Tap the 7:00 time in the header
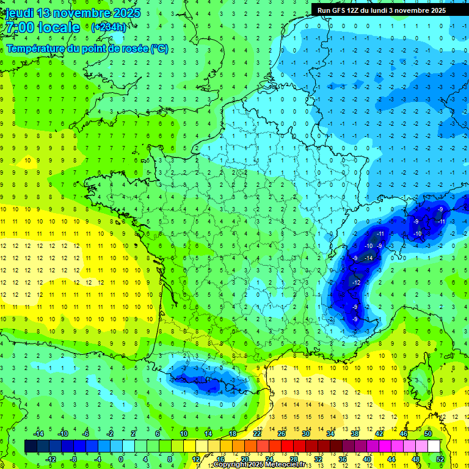coord(18,28)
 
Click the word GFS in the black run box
coord(340,10)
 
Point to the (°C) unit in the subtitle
coord(159,48)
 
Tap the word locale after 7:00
coord(59,28)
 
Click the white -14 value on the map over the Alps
coord(368,259)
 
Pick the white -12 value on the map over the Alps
coord(356,283)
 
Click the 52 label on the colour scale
coord(440,459)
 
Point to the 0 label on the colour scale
coord(120,459)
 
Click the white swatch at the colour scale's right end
coord(434,446)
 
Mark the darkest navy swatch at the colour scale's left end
coord(31,446)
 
